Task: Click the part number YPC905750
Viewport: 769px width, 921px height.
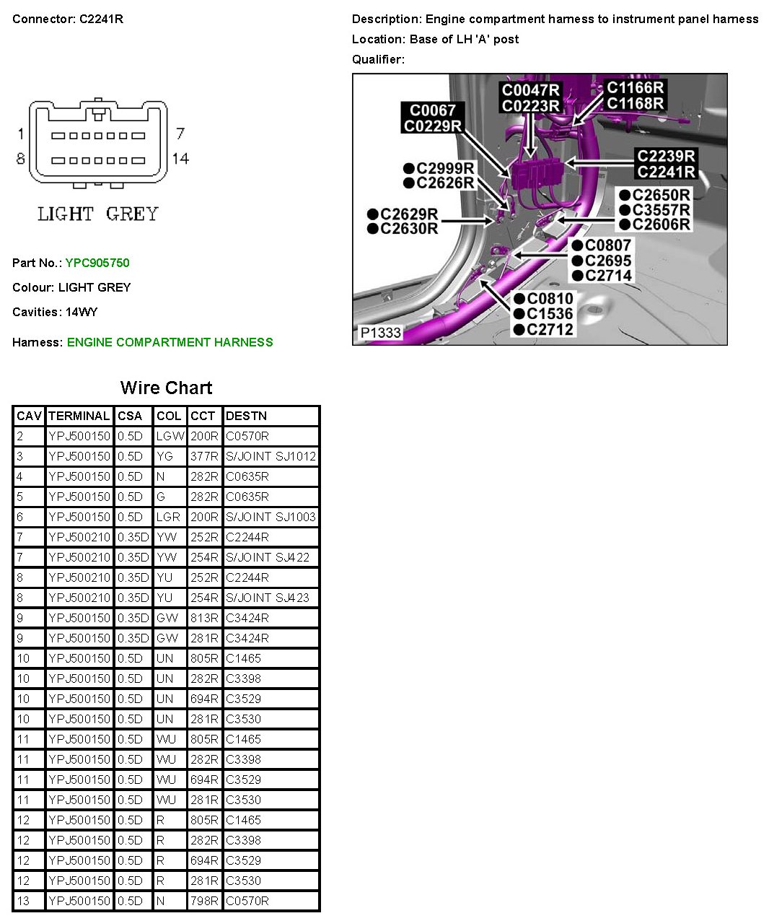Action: (x=97, y=263)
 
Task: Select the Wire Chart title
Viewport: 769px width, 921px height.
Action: (x=166, y=388)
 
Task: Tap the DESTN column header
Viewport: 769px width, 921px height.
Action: (x=246, y=416)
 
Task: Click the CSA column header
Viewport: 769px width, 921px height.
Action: (x=130, y=416)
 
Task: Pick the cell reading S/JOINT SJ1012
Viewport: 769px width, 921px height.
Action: (x=271, y=456)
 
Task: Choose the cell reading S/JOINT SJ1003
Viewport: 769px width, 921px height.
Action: (x=271, y=517)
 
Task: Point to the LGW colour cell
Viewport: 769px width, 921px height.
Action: (x=170, y=436)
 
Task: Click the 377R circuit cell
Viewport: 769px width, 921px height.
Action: (x=204, y=456)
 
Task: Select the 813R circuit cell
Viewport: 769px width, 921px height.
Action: (x=204, y=618)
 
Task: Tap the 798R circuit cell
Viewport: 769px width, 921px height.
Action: (x=204, y=901)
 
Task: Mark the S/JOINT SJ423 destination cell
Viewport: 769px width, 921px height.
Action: (x=268, y=598)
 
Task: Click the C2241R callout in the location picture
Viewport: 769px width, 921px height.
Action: (x=666, y=172)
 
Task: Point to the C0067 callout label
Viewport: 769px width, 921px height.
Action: (x=433, y=110)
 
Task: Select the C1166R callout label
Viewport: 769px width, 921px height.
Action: (x=635, y=88)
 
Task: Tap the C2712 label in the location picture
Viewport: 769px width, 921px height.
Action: (x=549, y=330)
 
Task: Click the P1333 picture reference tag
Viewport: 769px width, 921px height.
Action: (x=380, y=333)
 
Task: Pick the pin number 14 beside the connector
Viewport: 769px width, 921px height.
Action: (x=180, y=159)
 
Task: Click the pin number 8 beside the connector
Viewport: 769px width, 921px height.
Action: (x=20, y=159)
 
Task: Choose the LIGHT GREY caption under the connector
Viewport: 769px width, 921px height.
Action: (x=97, y=214)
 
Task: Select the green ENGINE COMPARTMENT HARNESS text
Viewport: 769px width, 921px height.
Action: (x=170, y=342)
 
